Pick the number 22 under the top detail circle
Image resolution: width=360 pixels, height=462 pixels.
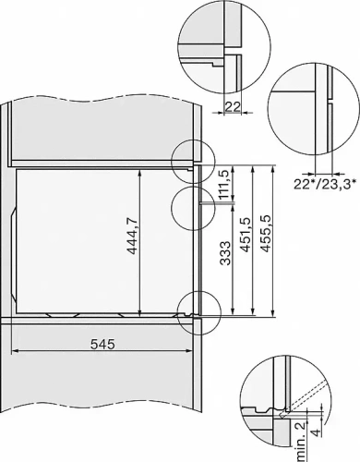tap(234, 107)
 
